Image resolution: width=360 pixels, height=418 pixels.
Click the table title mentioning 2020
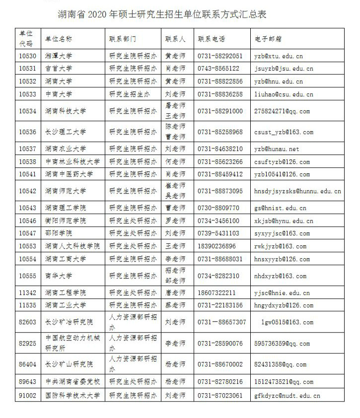tap(162, 14)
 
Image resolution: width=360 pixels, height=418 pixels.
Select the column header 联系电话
tap(211, 39)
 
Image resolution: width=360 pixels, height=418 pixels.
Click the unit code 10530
tap(28, 56)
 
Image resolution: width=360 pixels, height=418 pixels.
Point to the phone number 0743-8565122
tap(218, 69)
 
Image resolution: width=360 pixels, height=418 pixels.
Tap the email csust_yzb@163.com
tap(283, 132)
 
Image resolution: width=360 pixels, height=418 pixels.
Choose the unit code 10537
tap(28, 149)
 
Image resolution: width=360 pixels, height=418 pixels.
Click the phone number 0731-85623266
tap(220, 162)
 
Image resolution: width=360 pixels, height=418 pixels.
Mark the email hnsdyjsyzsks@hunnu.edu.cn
tap(297, 191)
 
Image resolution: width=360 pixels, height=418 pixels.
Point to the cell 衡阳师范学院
tap(66, 221)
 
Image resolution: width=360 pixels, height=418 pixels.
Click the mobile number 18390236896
tap(217, 246)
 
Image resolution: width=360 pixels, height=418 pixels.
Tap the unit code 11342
tap(28, 293)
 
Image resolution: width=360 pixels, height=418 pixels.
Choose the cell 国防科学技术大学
tap(72, 396)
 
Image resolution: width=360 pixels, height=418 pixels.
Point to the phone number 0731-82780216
tap(220, 382)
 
